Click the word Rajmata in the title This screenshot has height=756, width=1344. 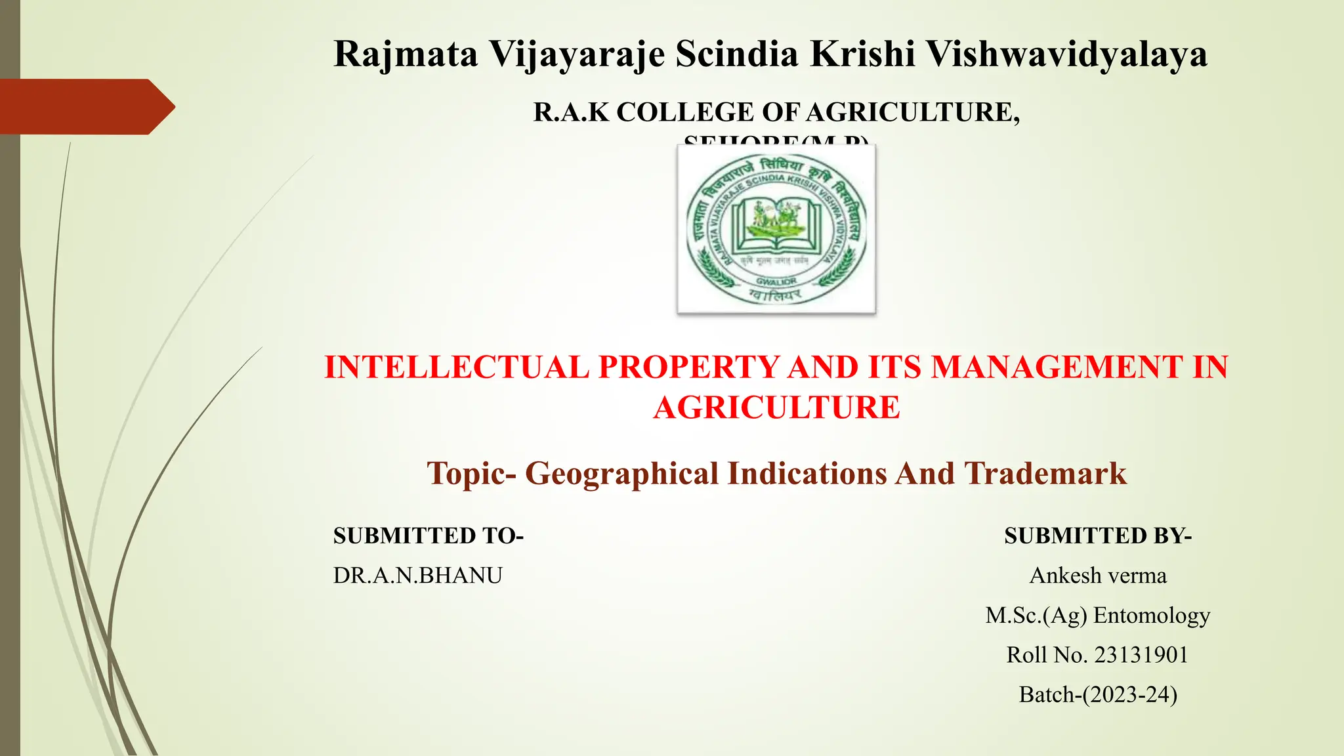pyautogui.click(x=406, y=54)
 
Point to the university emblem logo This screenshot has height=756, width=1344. pyautogui.click(x=776, y=229)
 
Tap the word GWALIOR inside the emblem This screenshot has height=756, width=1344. pyautogui.click(x=776, y=281)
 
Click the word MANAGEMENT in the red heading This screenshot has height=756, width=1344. pyautogui.click(x=1057, y=367)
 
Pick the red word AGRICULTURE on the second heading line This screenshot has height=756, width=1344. pyautogui.click(x=776, y=408)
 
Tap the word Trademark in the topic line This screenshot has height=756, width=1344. pyautogui.click(x=1045, y=474)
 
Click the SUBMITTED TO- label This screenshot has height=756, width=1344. pyautogui.click(x=428, y=536)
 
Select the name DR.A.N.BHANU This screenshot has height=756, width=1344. pyautogui.click(x=417, y=576)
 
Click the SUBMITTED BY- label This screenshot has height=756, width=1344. pyautogui.click(x=1098, y=536)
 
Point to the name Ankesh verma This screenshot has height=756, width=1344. pyautogui.click(x=1098, y=576)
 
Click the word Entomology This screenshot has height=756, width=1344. pyautogui.click(x=1152, y=616)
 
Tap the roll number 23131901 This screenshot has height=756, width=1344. pyautogui.click(x=1141, y=655)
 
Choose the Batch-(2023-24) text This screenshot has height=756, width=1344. pyautogui.click(x=1098, y=694)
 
